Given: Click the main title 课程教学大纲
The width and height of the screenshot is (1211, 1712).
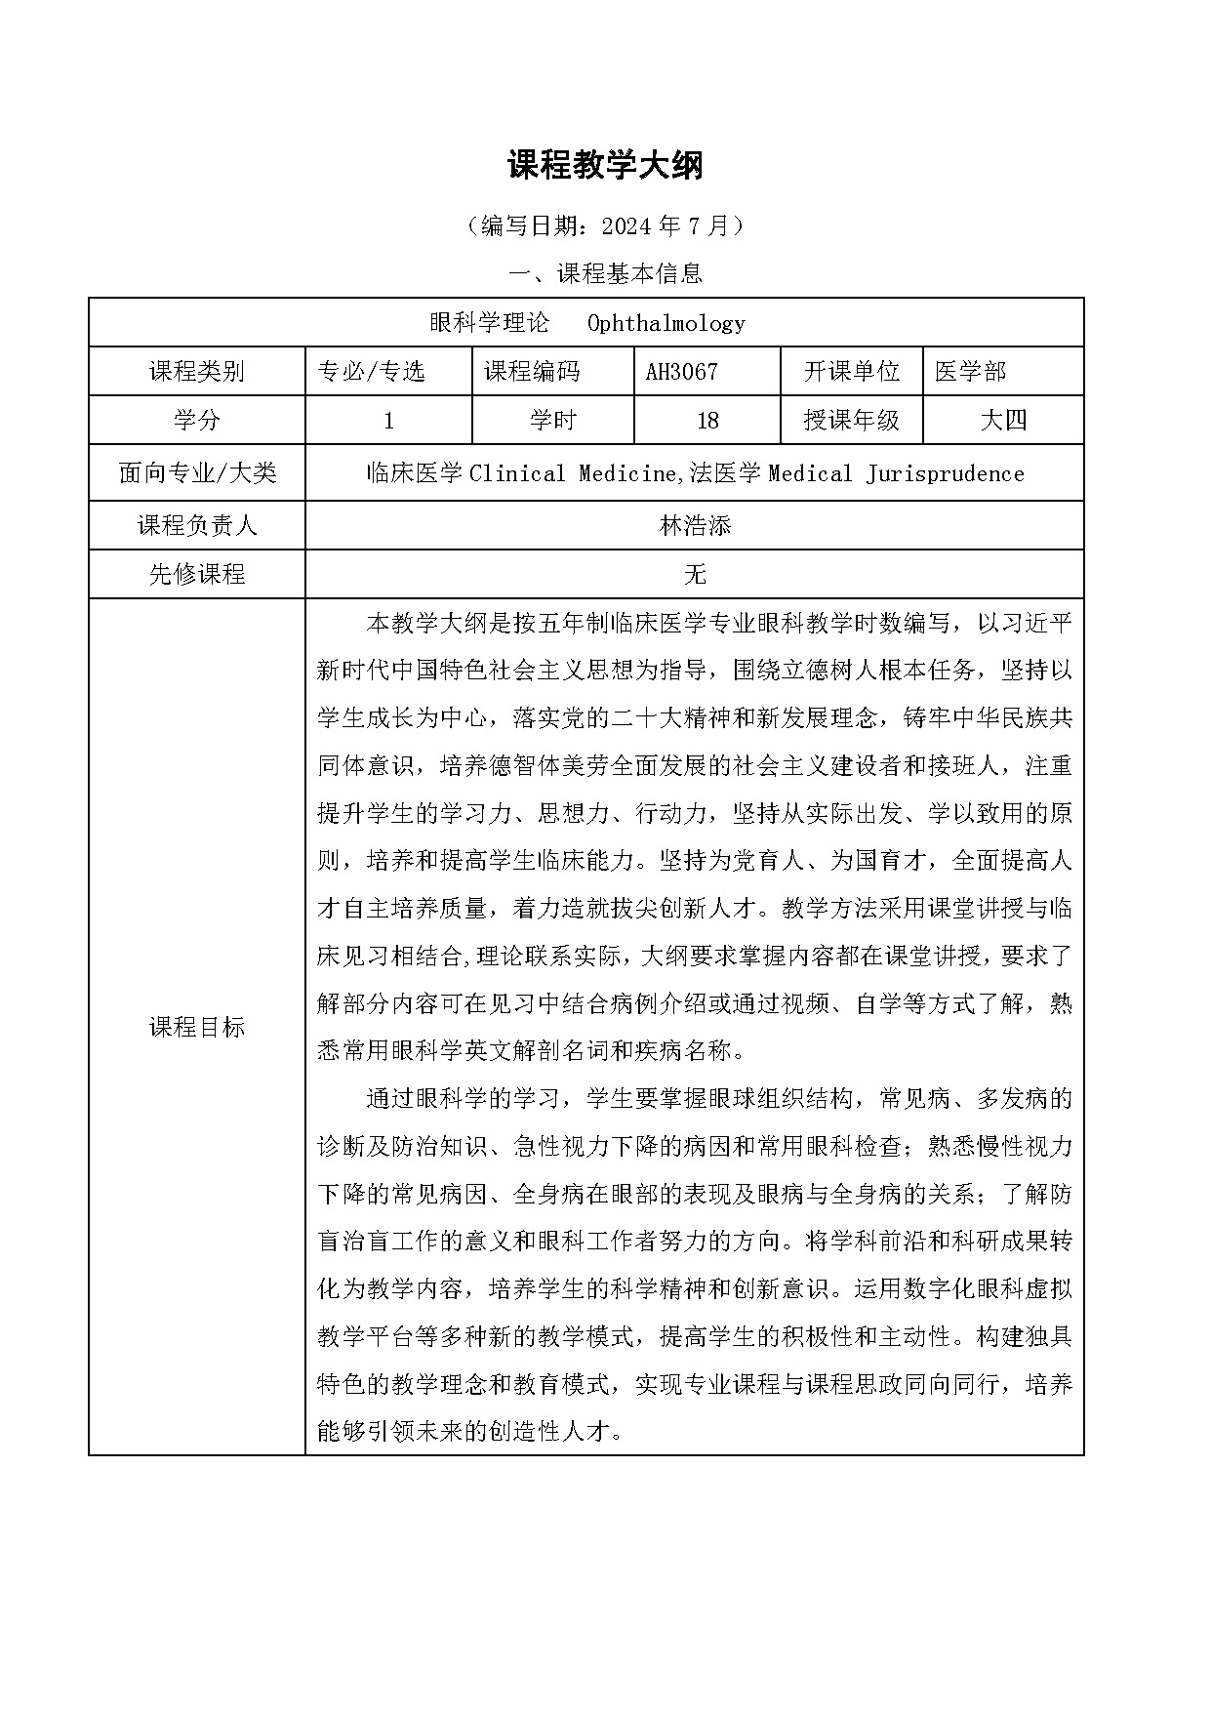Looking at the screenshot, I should (x=605, y=165).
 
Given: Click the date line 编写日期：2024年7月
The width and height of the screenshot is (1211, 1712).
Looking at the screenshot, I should (x=605, y=226).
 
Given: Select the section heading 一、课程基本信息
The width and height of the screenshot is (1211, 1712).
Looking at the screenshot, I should (x=605, y=274).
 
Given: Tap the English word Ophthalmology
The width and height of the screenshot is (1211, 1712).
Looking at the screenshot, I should (x=666, y=323).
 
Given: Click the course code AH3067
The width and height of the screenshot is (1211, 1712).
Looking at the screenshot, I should (x=681, y=372).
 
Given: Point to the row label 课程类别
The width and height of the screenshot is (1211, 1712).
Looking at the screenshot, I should (x=196, y=372).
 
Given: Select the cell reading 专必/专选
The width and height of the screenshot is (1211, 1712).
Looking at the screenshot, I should (x=372, y=372).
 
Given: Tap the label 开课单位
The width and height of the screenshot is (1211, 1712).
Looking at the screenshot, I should (x=851, y=372).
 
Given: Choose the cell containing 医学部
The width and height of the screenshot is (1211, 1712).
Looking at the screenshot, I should (x=970, y=372).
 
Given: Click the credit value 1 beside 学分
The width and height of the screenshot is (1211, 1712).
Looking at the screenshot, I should (x=388, y=421).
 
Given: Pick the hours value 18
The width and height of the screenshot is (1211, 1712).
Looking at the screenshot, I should (x=707, y=421).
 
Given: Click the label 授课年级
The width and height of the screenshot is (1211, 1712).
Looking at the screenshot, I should (x=851, y=421).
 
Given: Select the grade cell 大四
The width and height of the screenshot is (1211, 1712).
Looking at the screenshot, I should (x=1003, y=421).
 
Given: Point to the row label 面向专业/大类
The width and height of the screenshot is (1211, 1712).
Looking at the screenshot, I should (x=196, y=473).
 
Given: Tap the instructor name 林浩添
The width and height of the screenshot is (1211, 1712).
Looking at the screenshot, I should (x=695, y=526).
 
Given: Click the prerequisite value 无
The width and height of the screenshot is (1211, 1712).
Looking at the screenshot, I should (x=695, y=574).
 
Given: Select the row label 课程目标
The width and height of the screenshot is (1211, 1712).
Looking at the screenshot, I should (x=196, y=1027).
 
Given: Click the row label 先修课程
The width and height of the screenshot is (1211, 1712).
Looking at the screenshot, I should (x=196, y=574).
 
